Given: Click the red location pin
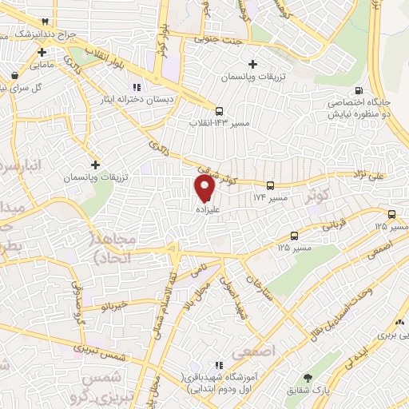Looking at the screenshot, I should click(x=204, y=188).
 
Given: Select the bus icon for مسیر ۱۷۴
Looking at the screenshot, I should click(x=270, y=185).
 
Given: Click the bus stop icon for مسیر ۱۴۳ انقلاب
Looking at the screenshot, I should click(x=219, y=112).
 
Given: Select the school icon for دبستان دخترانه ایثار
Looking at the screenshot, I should click(x=137, y=87).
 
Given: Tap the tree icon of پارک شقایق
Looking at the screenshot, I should click(x=308, y=379).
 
